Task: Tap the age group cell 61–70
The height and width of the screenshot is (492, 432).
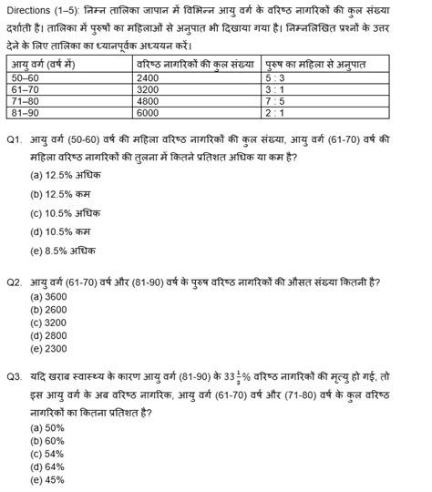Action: tap(26, 90)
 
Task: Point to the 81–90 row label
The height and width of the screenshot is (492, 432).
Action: tap(26, 114)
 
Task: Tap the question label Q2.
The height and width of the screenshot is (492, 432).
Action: tap(15, 283)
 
